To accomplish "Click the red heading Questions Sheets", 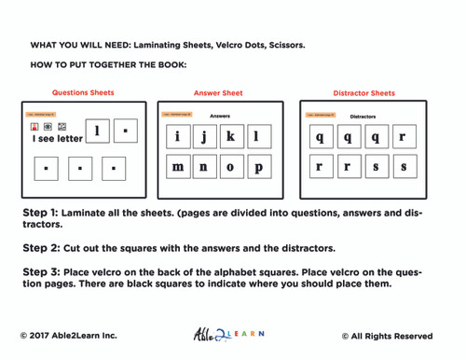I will [83, 93].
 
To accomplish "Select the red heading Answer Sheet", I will [218, 93].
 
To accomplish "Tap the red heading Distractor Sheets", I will [363, 93].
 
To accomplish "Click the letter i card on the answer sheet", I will [177, 137].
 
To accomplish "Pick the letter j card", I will [203, 137].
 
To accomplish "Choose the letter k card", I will [230, 137].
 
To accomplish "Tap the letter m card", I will [177, 168].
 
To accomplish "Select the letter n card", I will [203, 168].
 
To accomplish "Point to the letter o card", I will [230, 168].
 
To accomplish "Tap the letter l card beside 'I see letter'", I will [96, 132].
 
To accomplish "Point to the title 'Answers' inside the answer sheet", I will [220, 116].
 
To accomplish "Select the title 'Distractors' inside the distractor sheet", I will [363, 117].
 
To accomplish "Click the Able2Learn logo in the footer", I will [227, 335].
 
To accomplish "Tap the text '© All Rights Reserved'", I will [387, 336].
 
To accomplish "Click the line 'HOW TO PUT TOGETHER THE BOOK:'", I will [108, 64].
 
